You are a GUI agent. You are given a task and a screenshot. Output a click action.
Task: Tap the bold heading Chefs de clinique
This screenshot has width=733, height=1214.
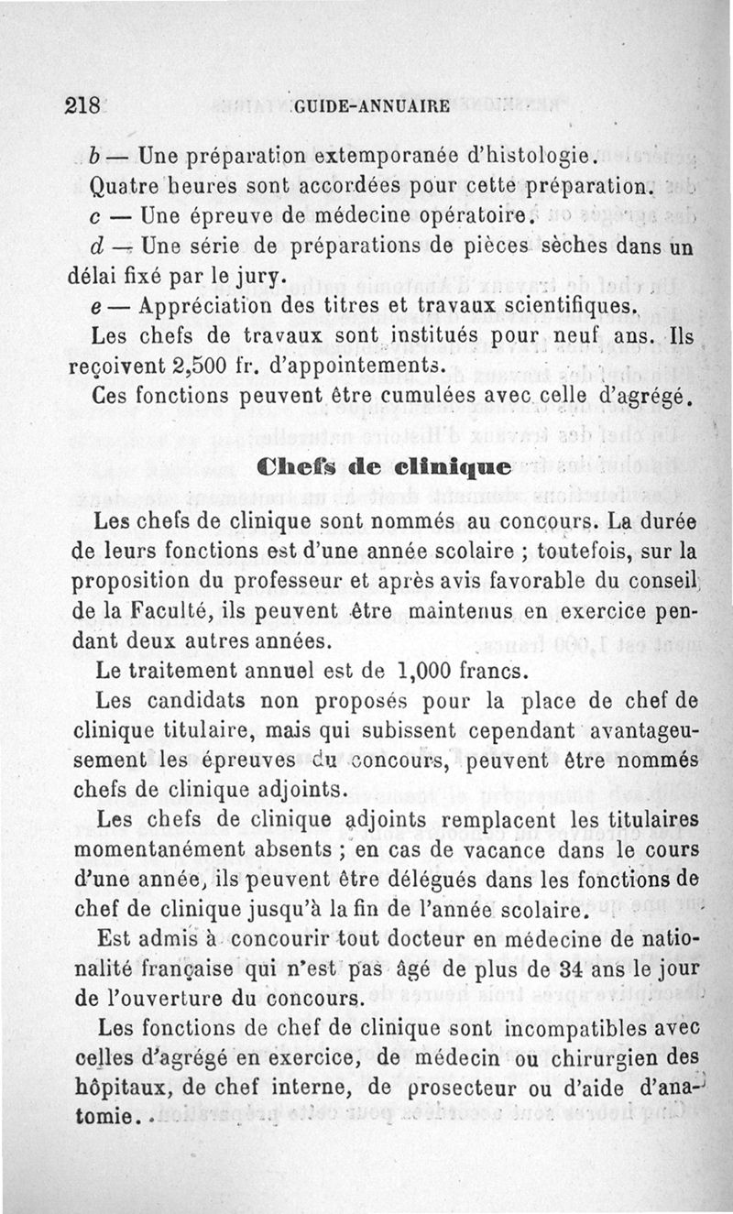pos(384,466)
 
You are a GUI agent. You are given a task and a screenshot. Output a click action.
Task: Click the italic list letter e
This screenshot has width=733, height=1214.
pos(98,306)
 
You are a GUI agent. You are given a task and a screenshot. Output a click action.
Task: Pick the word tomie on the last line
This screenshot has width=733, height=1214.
pos(100,1116)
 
